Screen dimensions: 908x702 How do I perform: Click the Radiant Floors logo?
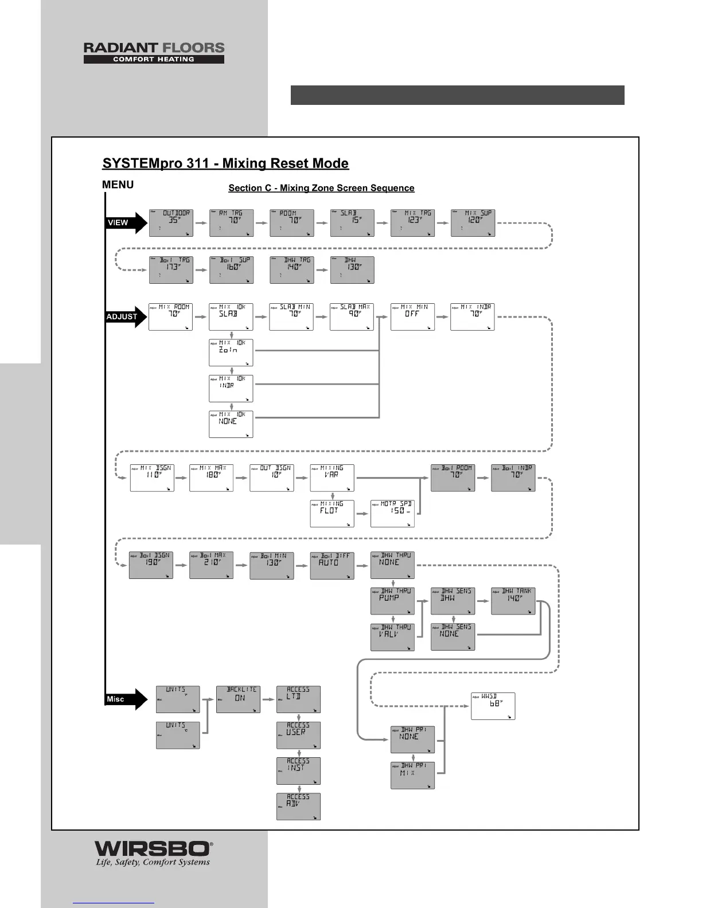pos(154,52)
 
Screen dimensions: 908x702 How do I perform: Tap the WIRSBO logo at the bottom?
pos(153,854)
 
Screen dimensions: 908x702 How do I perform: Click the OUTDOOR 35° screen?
pos(171,223)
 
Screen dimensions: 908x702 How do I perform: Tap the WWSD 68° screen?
pos(493,706)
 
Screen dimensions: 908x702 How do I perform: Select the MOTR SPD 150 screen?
pos(392,514)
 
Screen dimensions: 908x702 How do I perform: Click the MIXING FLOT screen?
pos(332,514)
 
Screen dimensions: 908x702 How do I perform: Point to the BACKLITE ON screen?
pos(238,699)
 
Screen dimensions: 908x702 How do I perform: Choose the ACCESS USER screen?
pos(298,735)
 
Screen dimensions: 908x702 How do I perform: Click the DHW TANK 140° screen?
pos(513,601)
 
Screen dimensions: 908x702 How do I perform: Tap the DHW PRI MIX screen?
pos(412,776)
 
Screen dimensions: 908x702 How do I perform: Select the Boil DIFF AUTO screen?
pos(332,565)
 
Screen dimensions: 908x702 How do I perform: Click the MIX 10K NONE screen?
pos(231,424)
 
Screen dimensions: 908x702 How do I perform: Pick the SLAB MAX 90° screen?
pos(352,316)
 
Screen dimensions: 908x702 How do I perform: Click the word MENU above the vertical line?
pos(118,185)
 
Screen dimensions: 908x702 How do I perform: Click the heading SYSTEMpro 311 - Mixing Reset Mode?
pos(225,163)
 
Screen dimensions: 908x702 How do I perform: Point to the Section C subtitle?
pos(321,188)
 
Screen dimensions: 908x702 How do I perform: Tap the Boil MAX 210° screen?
pos(211,565)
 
